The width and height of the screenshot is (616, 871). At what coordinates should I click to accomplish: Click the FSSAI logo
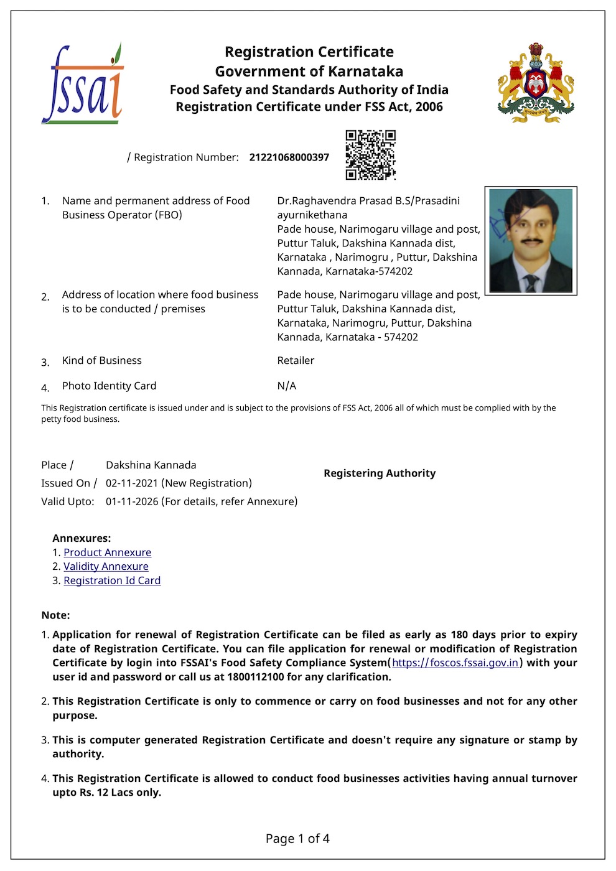pyautogui.click(x=83, y=84)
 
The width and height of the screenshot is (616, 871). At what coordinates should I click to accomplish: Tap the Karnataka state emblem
pyautogui.click(x=536, y=83)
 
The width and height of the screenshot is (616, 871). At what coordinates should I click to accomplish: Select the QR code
pyautogui.click(x=371, y=155)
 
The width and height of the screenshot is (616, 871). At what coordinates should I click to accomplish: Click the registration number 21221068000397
pyautogui.click(x=289, y=157)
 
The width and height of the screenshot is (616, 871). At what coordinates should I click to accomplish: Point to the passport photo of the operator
pyautogui.click(x=531, y=241)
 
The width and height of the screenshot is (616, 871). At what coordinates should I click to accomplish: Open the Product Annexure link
pyautogui.click(x=107, y=552)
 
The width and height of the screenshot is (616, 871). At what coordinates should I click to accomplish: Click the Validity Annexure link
pyautogui.click(x=106, y=566)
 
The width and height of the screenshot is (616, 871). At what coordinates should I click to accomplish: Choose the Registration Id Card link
pyautogui.click(x=112, y=580)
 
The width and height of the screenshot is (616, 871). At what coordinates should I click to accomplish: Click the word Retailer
pyautogui.click(x=296, y=360)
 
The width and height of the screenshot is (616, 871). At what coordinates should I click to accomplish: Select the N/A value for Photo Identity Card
pyautogui.click(x=287, y=386)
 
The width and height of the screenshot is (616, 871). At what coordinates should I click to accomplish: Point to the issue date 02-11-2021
pyautogui.click(x=132, y=483)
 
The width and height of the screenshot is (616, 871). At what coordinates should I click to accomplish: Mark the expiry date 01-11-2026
pyautogui.click(x=132, y=501)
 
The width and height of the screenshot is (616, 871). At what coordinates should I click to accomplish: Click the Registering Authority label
pyautogui.click(x=380, y=473)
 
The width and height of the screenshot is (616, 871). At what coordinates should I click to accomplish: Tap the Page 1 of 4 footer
pyautogui.click(x=297, y=839)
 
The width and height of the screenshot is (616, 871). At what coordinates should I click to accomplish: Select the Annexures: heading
pyautogui.click(x=82, y=538)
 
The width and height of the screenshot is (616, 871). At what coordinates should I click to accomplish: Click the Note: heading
pyautogui.click(x=55, y=615)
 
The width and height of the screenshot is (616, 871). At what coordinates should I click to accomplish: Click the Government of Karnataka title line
pyautogui.click(x=309, y=71)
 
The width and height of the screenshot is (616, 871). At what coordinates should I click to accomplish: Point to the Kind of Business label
pyautogui.click(x=102, y=360)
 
